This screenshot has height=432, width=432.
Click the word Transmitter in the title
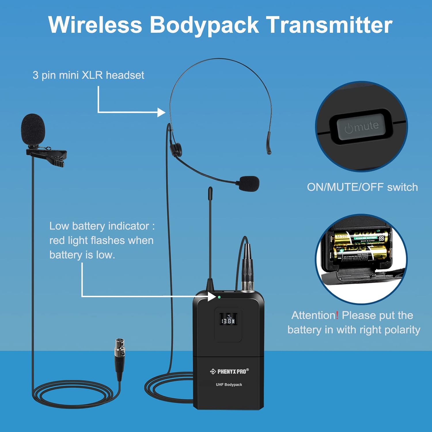tap(329, 25)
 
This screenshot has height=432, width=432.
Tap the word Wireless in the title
tap(95, 25)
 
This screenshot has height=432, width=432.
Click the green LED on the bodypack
tap(219, 297)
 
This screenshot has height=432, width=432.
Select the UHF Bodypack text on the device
tap(229, 385)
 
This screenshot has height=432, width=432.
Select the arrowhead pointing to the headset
tap(161, 112)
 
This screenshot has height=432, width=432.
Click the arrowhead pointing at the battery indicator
tap(212, 296)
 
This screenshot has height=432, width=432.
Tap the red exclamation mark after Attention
tap(337, 315)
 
